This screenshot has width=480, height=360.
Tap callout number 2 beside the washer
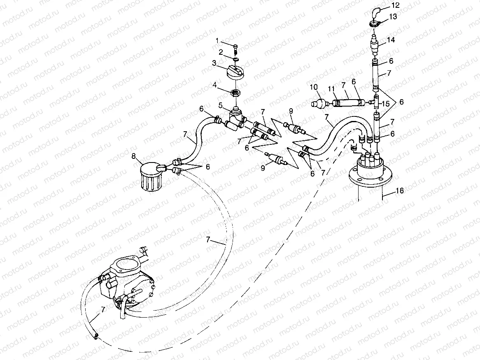(x=221, y=52)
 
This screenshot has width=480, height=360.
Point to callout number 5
(x=221, y=105)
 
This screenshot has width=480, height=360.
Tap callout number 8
(x=133, y=156)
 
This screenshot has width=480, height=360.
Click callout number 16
(x=400, y=190)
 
